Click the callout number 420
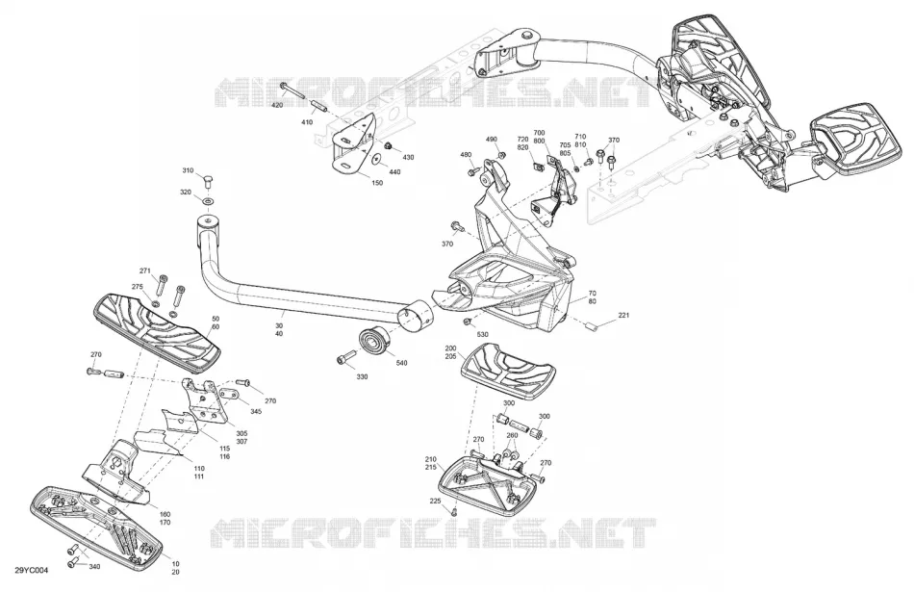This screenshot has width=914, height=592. (x=277, y=105)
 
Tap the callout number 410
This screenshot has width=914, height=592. (x=307, y=122)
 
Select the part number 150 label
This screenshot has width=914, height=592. (x=377, y=183)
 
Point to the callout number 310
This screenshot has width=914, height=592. (x=188, y=171)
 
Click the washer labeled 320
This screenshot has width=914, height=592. (x=208, y=201)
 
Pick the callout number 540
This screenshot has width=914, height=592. (x=401, y=363)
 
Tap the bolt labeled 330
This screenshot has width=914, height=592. (x=346, y=357)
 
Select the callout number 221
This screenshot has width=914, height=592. (x=623, y=316)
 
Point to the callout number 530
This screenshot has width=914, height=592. (x=482, y=334)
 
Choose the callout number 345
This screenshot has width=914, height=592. (x=257, y=412)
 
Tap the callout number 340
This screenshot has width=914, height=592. (x=94, y=566)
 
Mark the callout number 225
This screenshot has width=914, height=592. (x=435, y=501)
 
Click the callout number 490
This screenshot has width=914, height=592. (x=492, y=140)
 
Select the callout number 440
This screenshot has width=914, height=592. (x=394, y=172)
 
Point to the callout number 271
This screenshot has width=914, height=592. (x=145, y=270)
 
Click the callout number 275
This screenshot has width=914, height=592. (x=137, y=287)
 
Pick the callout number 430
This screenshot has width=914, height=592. (x=408, y=158)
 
